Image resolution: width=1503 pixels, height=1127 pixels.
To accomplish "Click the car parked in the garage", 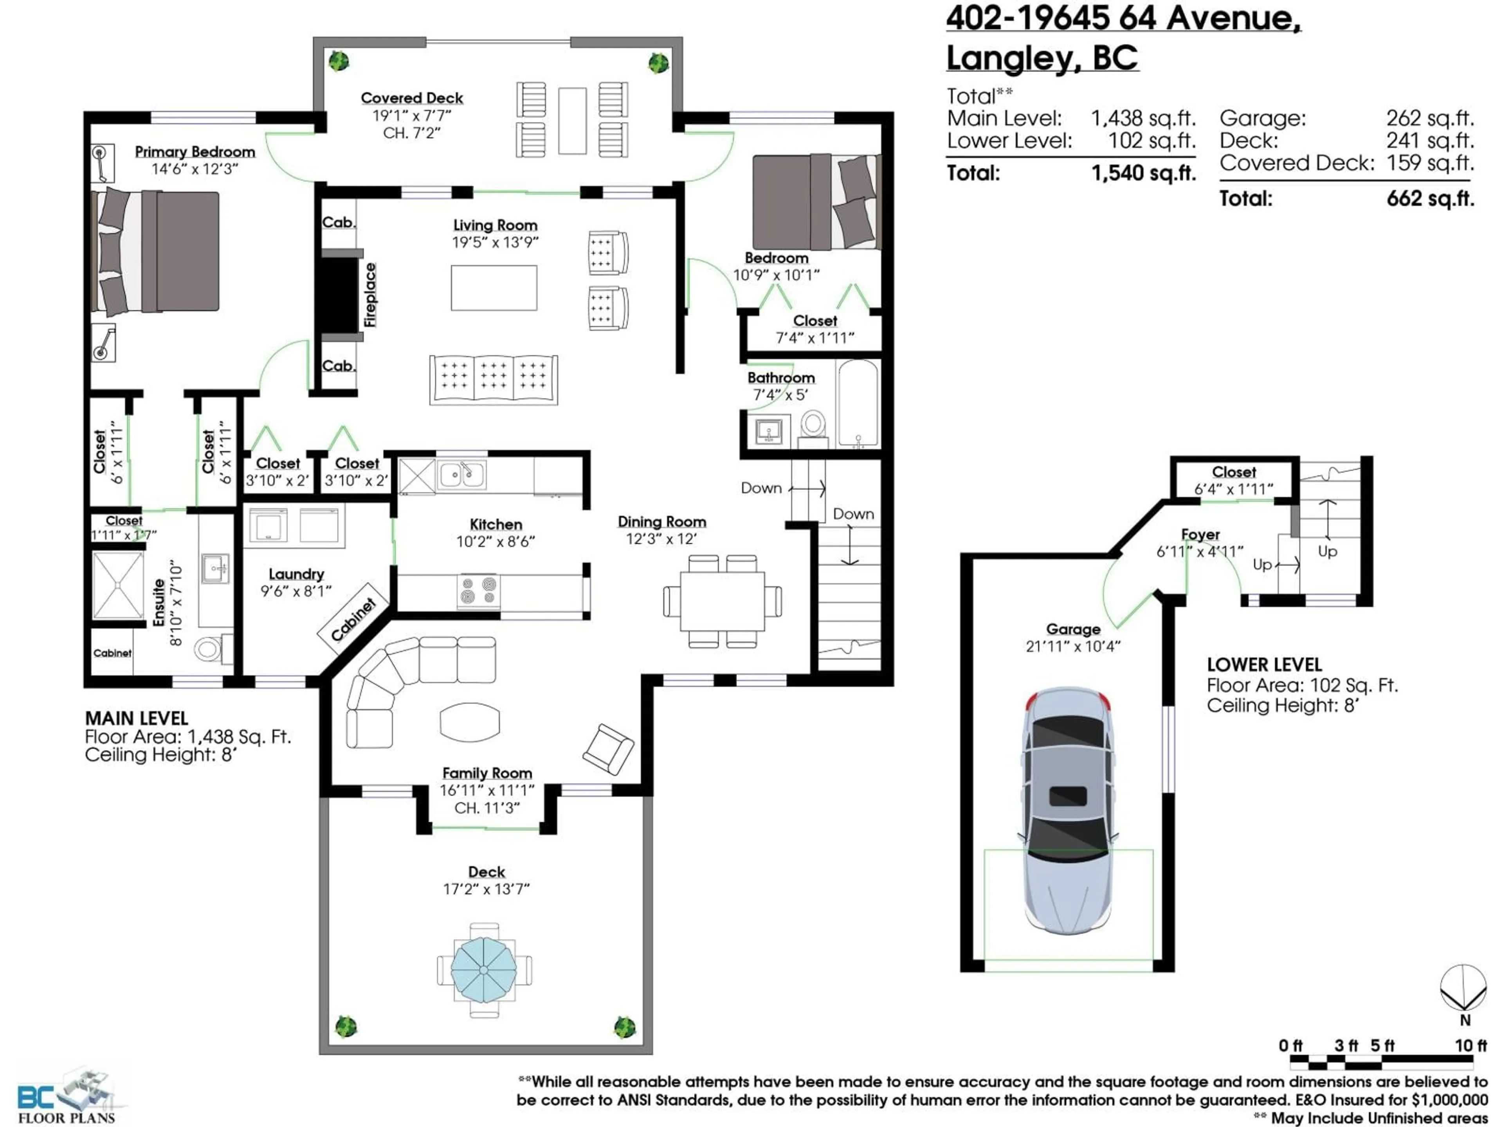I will pos(1068,808).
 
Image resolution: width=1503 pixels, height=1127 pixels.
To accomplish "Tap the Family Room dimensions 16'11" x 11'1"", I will pos(487,790).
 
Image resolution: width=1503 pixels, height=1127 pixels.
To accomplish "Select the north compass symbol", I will pos(1463,988).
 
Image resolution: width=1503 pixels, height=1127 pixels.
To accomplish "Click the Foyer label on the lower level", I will pos(1200,535).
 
